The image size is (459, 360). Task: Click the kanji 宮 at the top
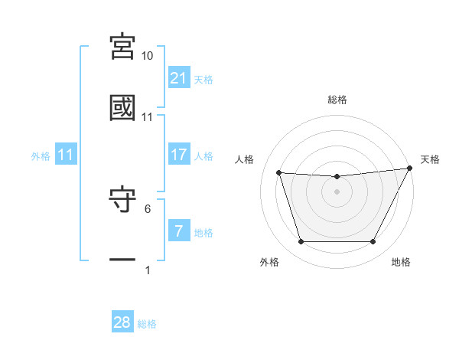click(123, 47)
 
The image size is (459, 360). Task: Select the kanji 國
click(123, 107)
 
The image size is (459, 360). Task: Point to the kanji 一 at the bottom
click(123, 260)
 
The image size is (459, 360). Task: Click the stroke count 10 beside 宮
click(148, 56)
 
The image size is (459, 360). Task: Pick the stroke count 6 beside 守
click(148, 208)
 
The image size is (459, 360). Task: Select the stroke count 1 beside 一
click(148, 270)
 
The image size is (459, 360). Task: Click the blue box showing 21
click(179, 78)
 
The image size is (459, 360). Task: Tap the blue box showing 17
click(179, 155)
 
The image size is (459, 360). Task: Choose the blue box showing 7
click(179, 231)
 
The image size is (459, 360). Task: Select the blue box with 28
click(122, 322)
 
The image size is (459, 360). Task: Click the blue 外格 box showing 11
click(66, 155)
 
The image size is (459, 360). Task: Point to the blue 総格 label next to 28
click(147, 324)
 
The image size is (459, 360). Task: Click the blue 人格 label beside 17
click(203, 156)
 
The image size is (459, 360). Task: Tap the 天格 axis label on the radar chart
click(430, 159)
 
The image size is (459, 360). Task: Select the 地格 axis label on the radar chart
click(401, 262)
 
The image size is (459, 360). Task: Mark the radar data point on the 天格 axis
click(410, 168)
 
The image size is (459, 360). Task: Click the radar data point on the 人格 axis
click(278, 173)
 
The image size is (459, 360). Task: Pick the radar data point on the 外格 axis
click(301, 242)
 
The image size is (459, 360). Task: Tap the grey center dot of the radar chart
click(337, 191)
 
